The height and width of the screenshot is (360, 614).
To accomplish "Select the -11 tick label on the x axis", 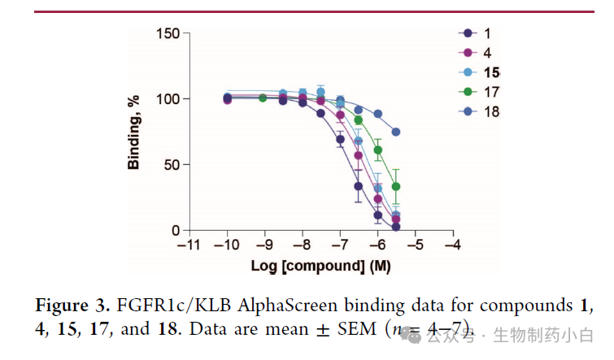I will pos(189,244).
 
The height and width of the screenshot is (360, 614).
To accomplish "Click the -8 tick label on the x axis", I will pos(302,244).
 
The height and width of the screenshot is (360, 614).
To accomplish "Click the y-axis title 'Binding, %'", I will pos(134,132).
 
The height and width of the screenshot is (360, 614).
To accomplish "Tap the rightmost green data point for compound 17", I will pos(396,186).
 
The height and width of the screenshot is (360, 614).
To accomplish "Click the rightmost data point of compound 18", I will pos(396,132).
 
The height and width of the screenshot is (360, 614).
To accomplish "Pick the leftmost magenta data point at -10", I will pos(227,100).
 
